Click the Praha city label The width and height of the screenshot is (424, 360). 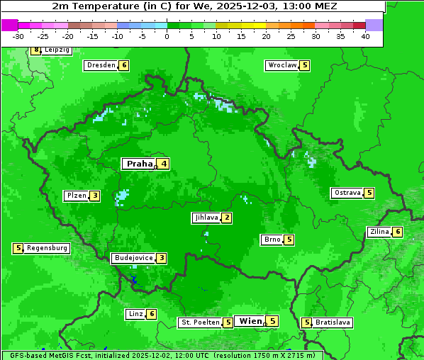coord(139,164)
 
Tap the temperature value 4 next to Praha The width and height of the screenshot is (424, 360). coord(164,164)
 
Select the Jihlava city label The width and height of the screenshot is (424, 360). coord(206,218)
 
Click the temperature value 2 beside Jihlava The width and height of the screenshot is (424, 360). coord(226,218)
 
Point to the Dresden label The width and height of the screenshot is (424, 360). coord(101,65)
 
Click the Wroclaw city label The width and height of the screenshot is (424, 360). coord(281,65)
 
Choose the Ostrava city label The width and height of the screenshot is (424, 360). coord(347,193)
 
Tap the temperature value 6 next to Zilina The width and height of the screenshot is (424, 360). coord(398,232)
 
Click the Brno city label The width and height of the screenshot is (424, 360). coord(272,240)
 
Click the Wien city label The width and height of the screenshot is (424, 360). coord(251,321)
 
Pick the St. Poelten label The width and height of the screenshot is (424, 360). coord(200,322)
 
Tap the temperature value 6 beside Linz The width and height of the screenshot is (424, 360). coord(152,314)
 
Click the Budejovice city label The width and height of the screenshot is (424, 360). coord(133,258)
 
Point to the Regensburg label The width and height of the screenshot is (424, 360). coord(48,248)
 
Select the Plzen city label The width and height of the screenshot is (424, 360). coord(76,196)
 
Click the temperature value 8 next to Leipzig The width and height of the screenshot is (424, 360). coord(36,50)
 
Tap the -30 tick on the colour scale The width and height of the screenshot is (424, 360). coord(18,35)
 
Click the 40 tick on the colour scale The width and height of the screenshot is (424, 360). coord(365,35)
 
